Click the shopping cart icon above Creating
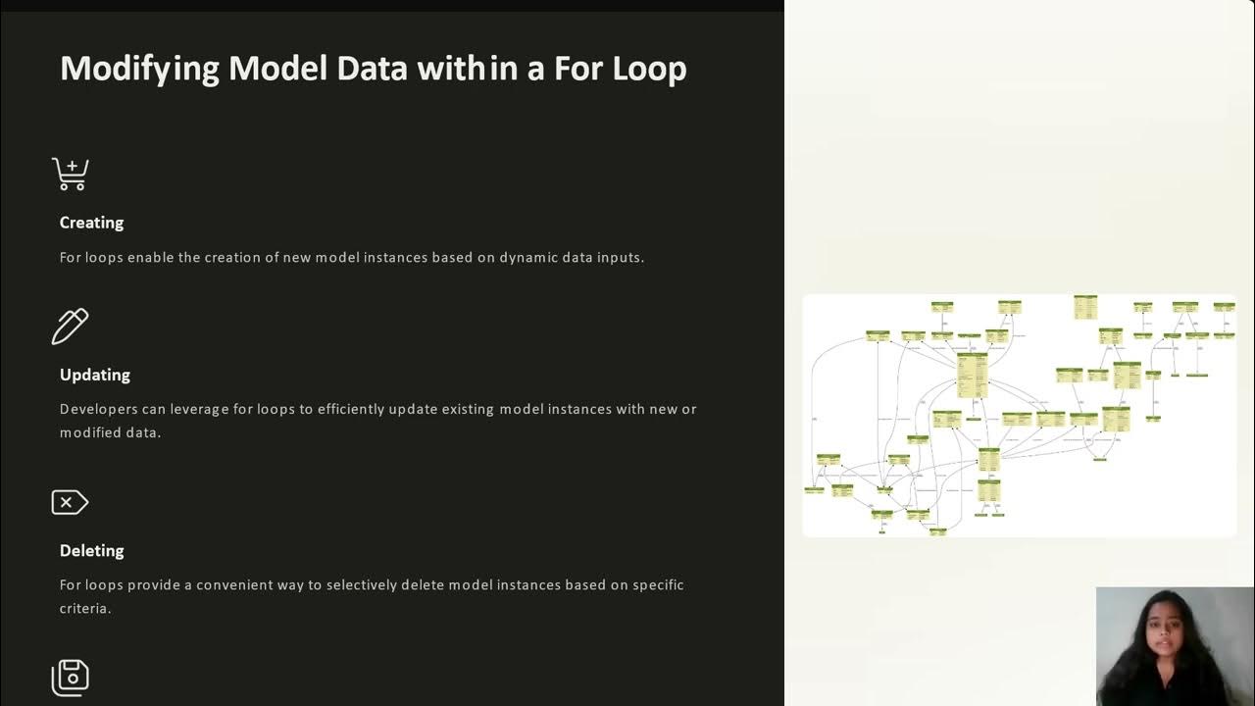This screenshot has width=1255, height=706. click(x=71, y=175)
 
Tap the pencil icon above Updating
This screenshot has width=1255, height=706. click(x=71, y=327)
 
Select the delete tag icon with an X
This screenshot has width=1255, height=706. click(x=70, y=503)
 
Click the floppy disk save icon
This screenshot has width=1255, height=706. click(x=71, y=678)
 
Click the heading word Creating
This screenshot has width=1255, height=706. click(x=91, y=223)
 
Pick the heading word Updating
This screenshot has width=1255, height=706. click(x=94, y=375)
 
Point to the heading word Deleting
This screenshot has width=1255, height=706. click(x=91, y=550)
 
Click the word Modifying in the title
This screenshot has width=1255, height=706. click(x=139, y=69)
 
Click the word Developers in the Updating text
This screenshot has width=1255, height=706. click(x=99, y=409)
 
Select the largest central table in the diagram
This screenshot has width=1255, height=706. click(x=972, y=375)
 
